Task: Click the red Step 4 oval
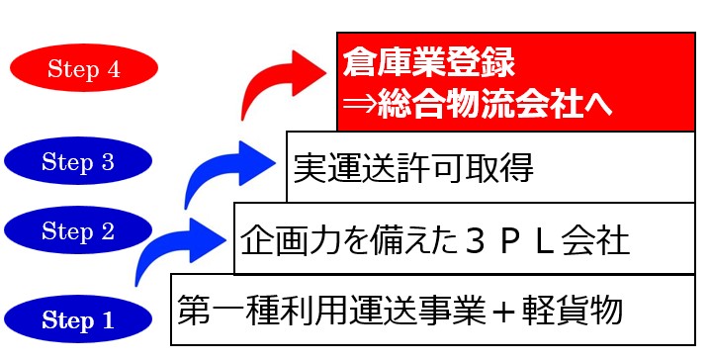tap(83, 69)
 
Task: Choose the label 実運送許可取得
tap(413, 169)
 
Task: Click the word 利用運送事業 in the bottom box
tap(369, 311)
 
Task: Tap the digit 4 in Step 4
tap(117, 70)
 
